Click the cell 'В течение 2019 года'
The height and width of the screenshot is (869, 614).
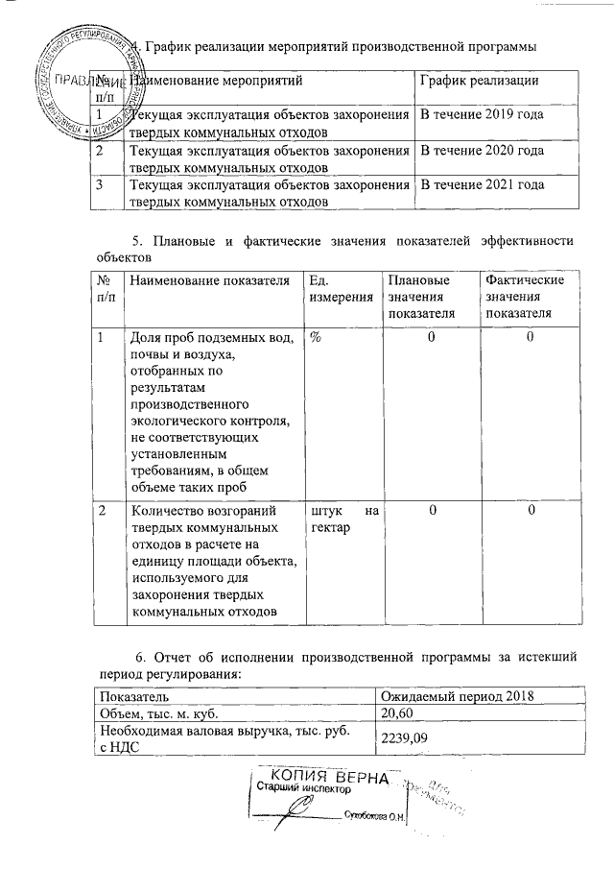pos(477,115)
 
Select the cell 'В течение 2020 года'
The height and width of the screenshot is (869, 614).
pos(477,151)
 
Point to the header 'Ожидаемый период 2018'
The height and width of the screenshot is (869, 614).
pos(457,695)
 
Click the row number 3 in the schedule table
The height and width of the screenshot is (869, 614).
pos(100,185)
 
